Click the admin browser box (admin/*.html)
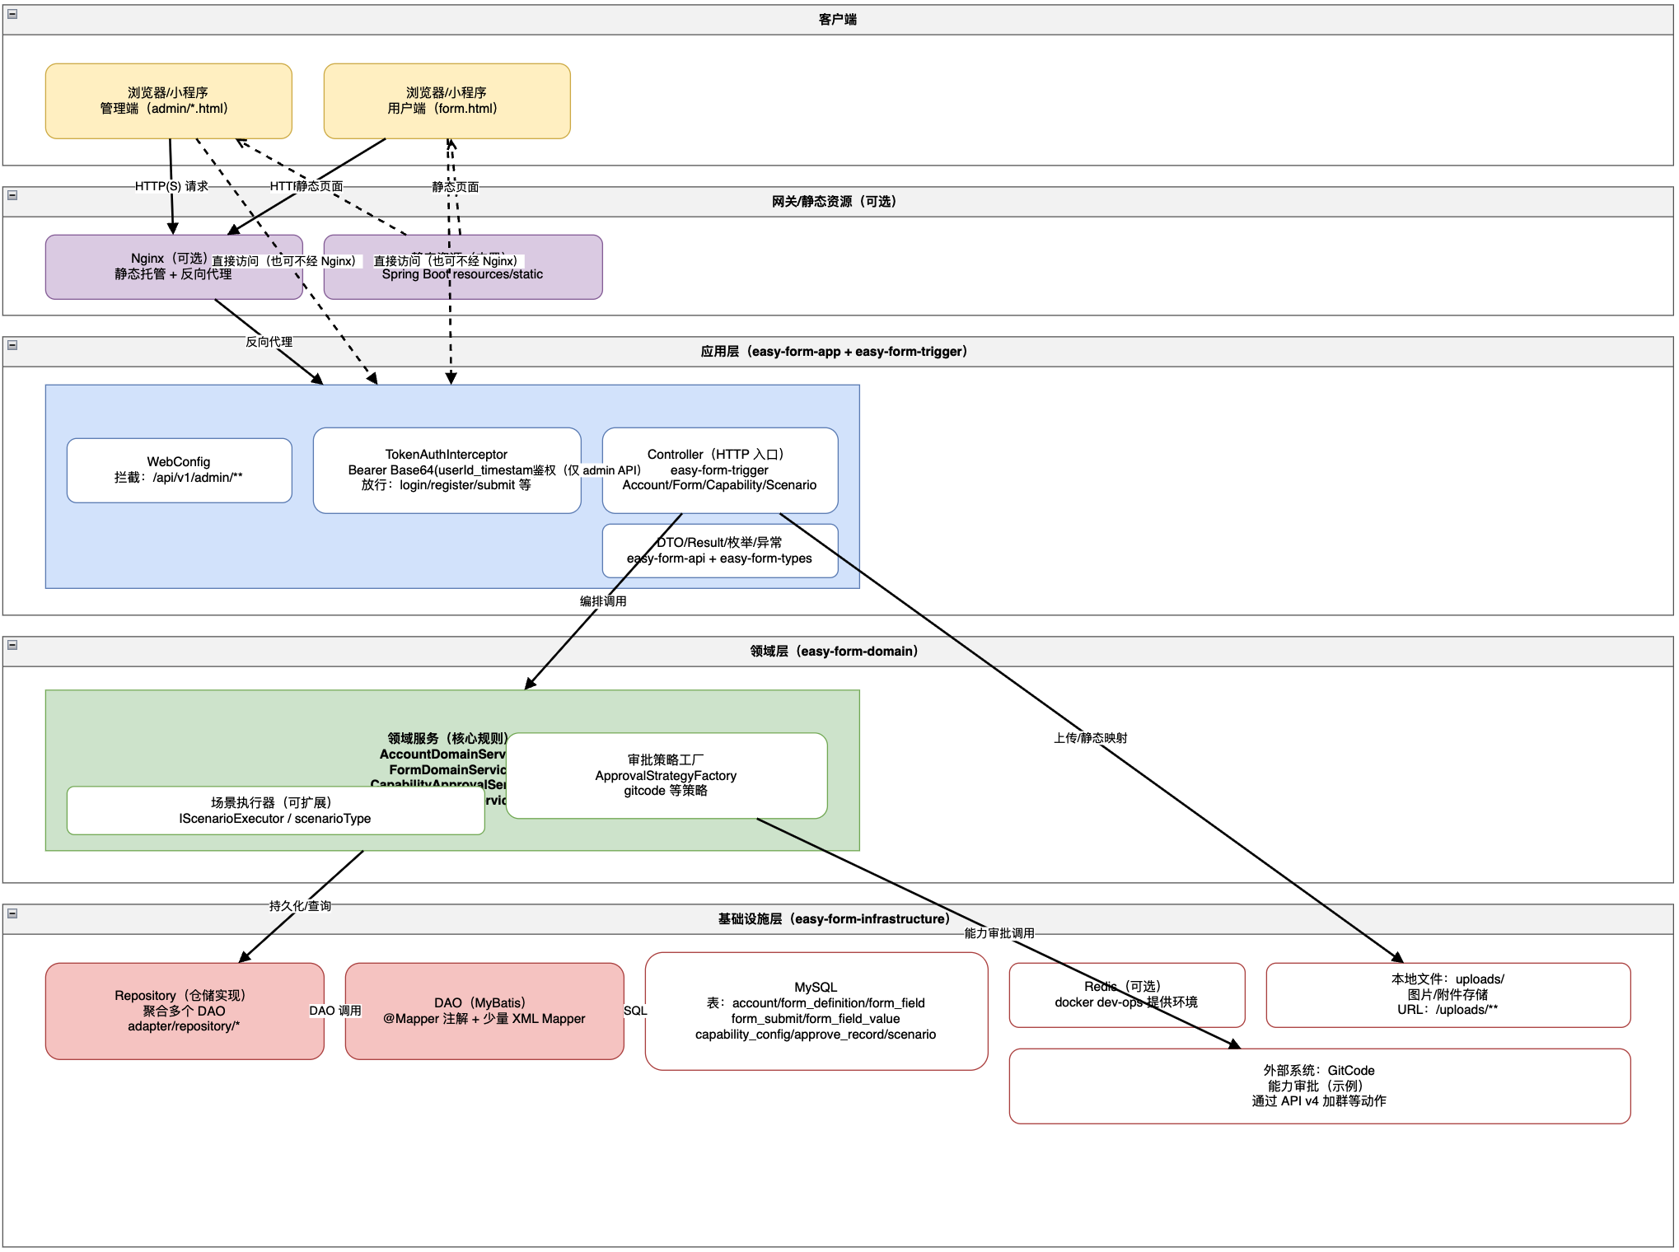tap(168, 100)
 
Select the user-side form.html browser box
tap(447, 100)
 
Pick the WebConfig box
tap(179, 469)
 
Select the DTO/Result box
tap(719, 550)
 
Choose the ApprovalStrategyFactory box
tap(666, 775)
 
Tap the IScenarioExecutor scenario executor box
tap(275, 811)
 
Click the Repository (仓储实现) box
tap(184, 1011)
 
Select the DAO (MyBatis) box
tap(484, 1011)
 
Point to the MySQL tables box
tap(816, 1011)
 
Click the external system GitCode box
tap(1319, 1086)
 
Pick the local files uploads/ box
tap(1447, 994)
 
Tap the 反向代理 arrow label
tap(269, 342)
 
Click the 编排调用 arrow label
tap(603, 601)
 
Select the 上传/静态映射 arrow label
tap(1090, 738)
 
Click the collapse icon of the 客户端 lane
tap(12, 14)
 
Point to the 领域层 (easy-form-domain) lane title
tap(834, 652)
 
